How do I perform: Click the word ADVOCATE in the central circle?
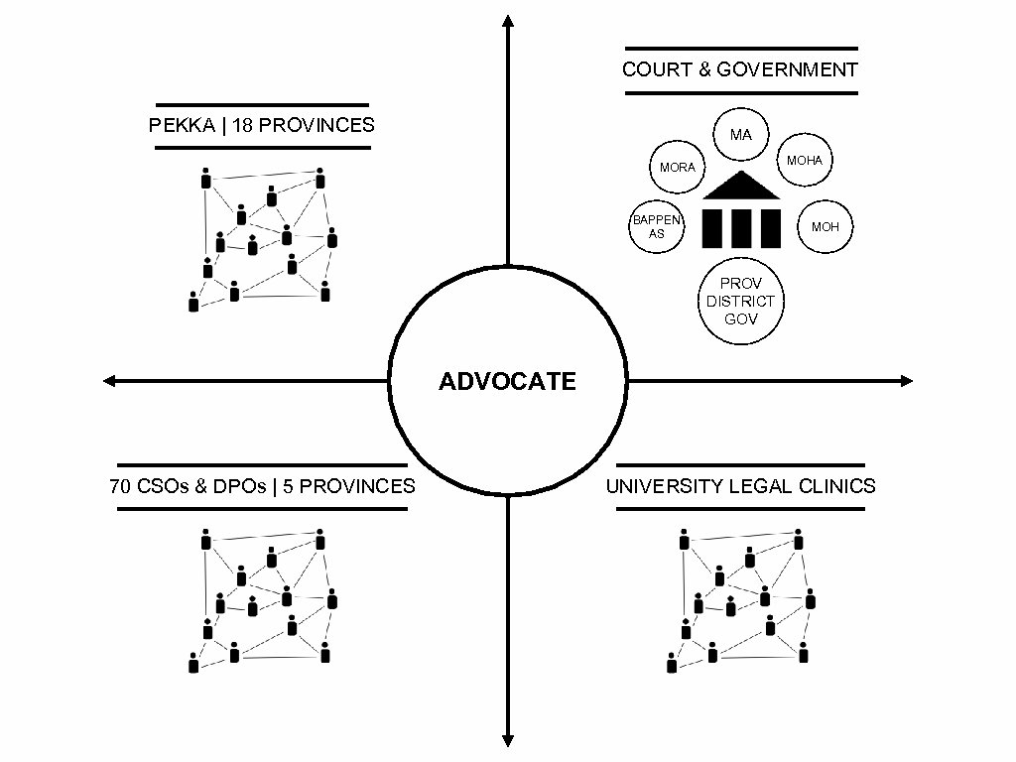[x=507, y=382]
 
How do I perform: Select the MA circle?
[x=740, y=134]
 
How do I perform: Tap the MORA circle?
[x=677, y=168]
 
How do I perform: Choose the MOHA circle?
[x=805, y=160]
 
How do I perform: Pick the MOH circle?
[x=825, y=227]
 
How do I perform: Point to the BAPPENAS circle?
[x=657, y=227]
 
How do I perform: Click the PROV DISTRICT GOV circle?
[x=740, y=301]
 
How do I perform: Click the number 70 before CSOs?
[x=120, y=486]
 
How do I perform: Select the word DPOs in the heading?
[x=235, y=486]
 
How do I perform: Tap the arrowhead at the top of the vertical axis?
[x=508, y=21]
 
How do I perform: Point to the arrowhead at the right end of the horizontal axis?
[x=906, y=380]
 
